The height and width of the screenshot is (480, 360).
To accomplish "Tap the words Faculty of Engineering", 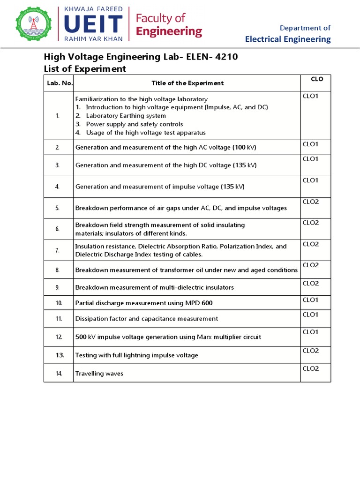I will point(168,25).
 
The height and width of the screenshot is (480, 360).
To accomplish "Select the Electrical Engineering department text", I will point(288,39).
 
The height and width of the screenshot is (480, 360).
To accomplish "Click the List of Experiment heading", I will point(85,69).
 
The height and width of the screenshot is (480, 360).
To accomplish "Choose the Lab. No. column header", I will point(58,83).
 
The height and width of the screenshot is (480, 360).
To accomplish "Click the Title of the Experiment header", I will point(187,83).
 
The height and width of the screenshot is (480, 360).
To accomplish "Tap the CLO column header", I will point(317,79).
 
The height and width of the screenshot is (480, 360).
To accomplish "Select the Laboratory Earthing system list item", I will point(126,116).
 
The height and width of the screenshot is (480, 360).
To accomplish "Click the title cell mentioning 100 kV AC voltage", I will point(166,148).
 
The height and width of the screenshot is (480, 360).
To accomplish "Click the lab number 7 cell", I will point(58,250).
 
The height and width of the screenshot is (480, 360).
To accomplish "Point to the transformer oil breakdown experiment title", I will point(186,270).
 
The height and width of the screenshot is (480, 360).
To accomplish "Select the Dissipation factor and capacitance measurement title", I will point(147,319).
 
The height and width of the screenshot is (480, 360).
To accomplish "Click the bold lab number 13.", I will point(60,355).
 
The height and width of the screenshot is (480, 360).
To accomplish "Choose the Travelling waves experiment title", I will point(99,374).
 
